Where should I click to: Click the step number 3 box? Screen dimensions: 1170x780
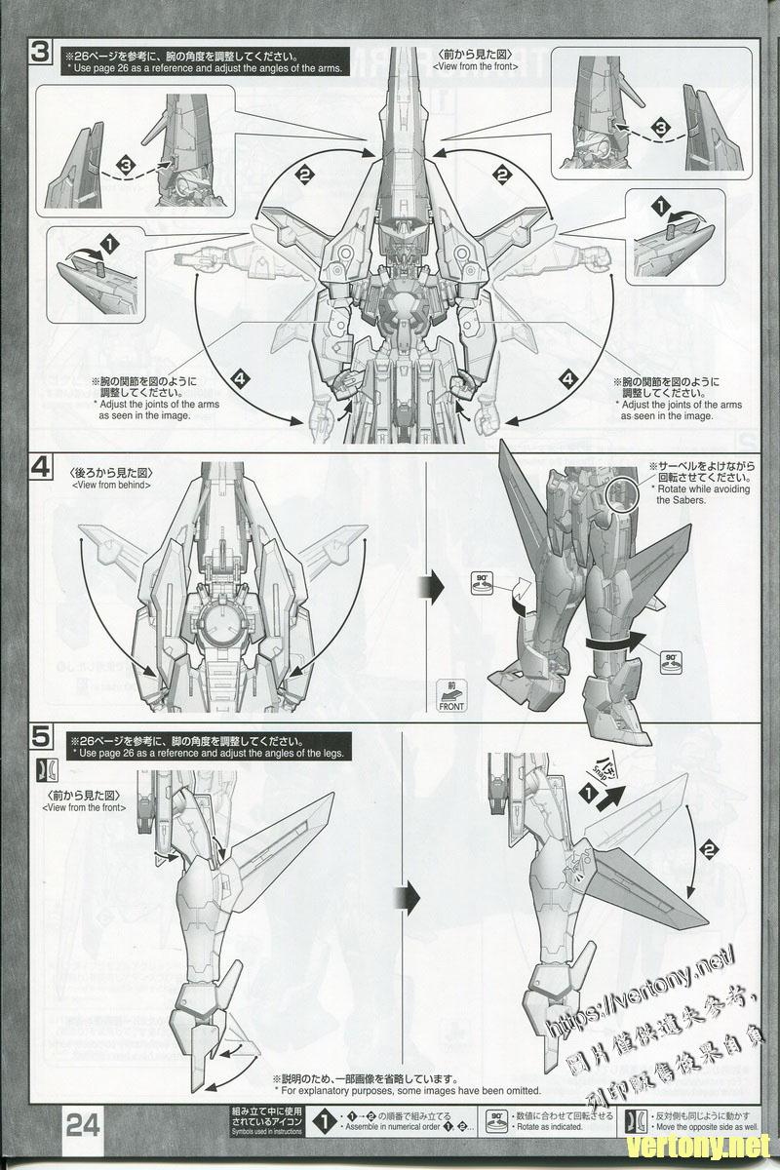(x=41, y=51)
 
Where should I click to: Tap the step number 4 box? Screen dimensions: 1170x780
(x=41, y=466)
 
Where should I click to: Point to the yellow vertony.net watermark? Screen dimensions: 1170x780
(x=699, y=1144)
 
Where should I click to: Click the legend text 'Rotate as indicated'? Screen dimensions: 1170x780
(x=549, y=1125)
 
